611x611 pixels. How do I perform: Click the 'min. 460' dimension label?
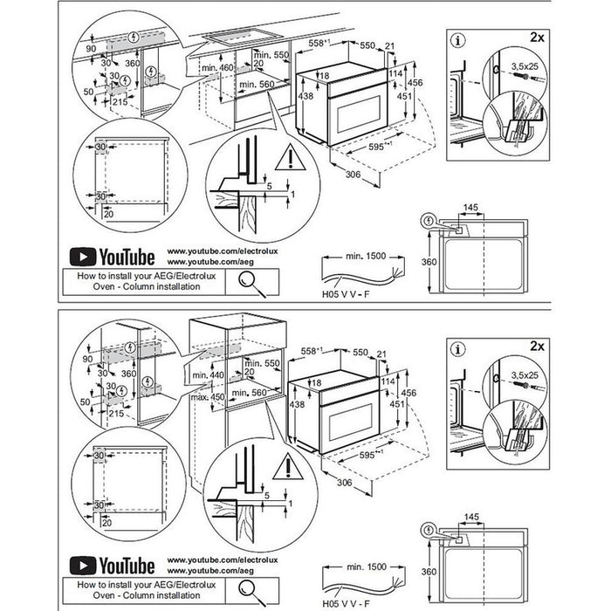click(x=216, y=68)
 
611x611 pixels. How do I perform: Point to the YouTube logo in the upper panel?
click(x=113, y=257)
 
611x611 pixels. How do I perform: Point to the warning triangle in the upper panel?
click(x=285, y=158)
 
